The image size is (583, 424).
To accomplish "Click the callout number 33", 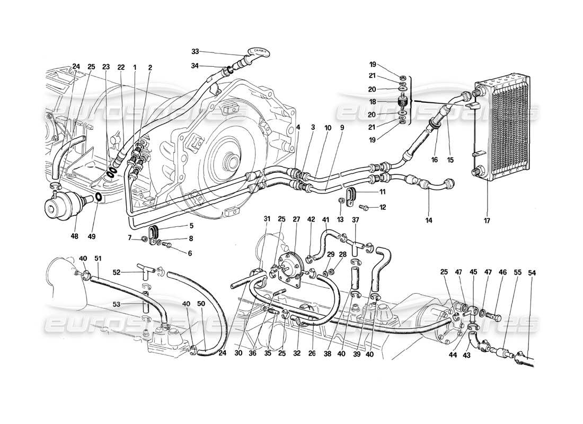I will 196,51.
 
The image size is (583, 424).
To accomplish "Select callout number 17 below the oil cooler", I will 487,220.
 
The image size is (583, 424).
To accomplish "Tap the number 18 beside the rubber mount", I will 387,101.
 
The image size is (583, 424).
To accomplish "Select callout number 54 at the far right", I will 532,273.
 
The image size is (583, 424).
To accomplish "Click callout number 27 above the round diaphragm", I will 296,218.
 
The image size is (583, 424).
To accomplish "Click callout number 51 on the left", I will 98,258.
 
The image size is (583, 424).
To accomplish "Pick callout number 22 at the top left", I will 121,67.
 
